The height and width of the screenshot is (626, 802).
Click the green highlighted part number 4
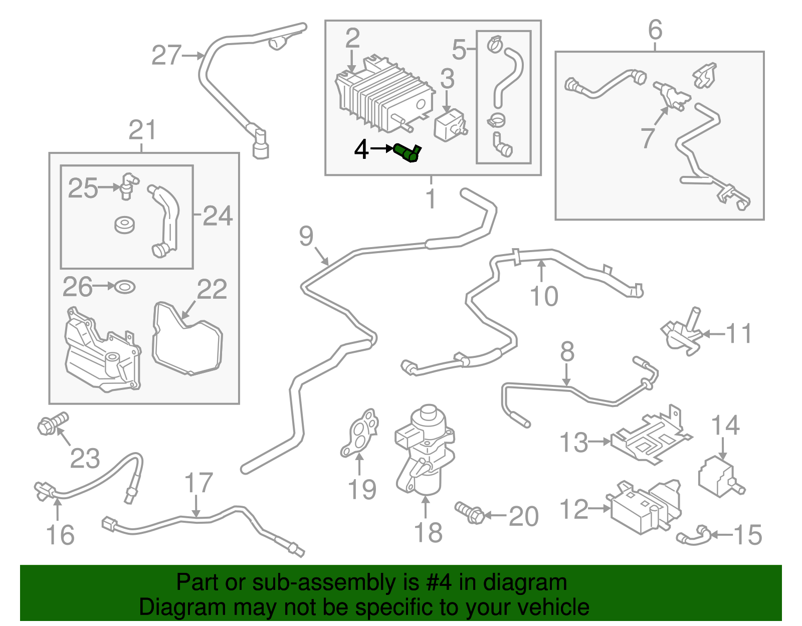[407, 152]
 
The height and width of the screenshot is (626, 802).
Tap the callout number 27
[166, 56]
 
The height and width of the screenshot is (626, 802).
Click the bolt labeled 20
[470, 512]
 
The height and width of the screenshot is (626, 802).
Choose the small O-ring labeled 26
[125, 287]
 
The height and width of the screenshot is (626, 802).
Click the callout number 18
[428, 533]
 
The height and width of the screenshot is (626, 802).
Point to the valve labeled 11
[681, 333]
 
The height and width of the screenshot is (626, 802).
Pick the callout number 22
[212, 289]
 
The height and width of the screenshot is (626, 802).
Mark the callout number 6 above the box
[655, 30]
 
